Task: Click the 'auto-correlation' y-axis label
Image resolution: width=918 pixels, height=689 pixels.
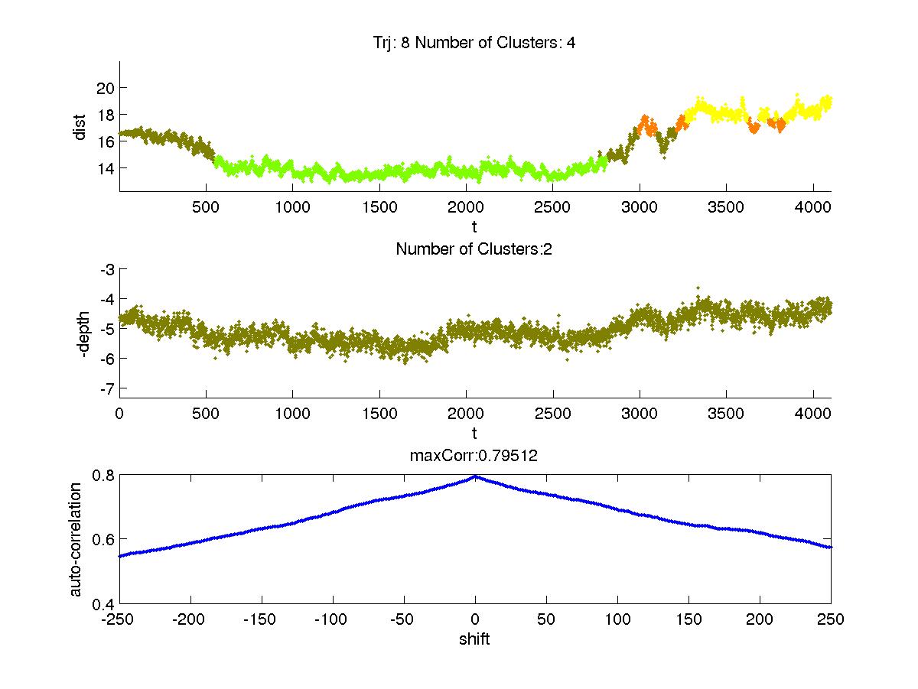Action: (x=75, y=538)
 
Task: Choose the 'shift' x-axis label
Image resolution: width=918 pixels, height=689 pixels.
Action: (x=474, y=639)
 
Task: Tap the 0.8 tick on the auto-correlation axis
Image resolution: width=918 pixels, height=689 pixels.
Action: (x=104, y=475)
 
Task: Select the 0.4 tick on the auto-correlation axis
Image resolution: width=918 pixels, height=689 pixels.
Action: (x=104, y=603)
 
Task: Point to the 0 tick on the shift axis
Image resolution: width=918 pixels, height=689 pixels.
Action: (x=475, y=619)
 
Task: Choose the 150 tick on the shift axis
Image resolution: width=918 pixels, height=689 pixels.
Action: (x=688, y=619)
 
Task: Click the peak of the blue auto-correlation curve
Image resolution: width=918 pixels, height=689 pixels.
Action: (x=475, y=476)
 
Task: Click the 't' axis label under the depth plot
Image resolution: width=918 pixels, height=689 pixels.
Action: (x=475, y=434)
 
